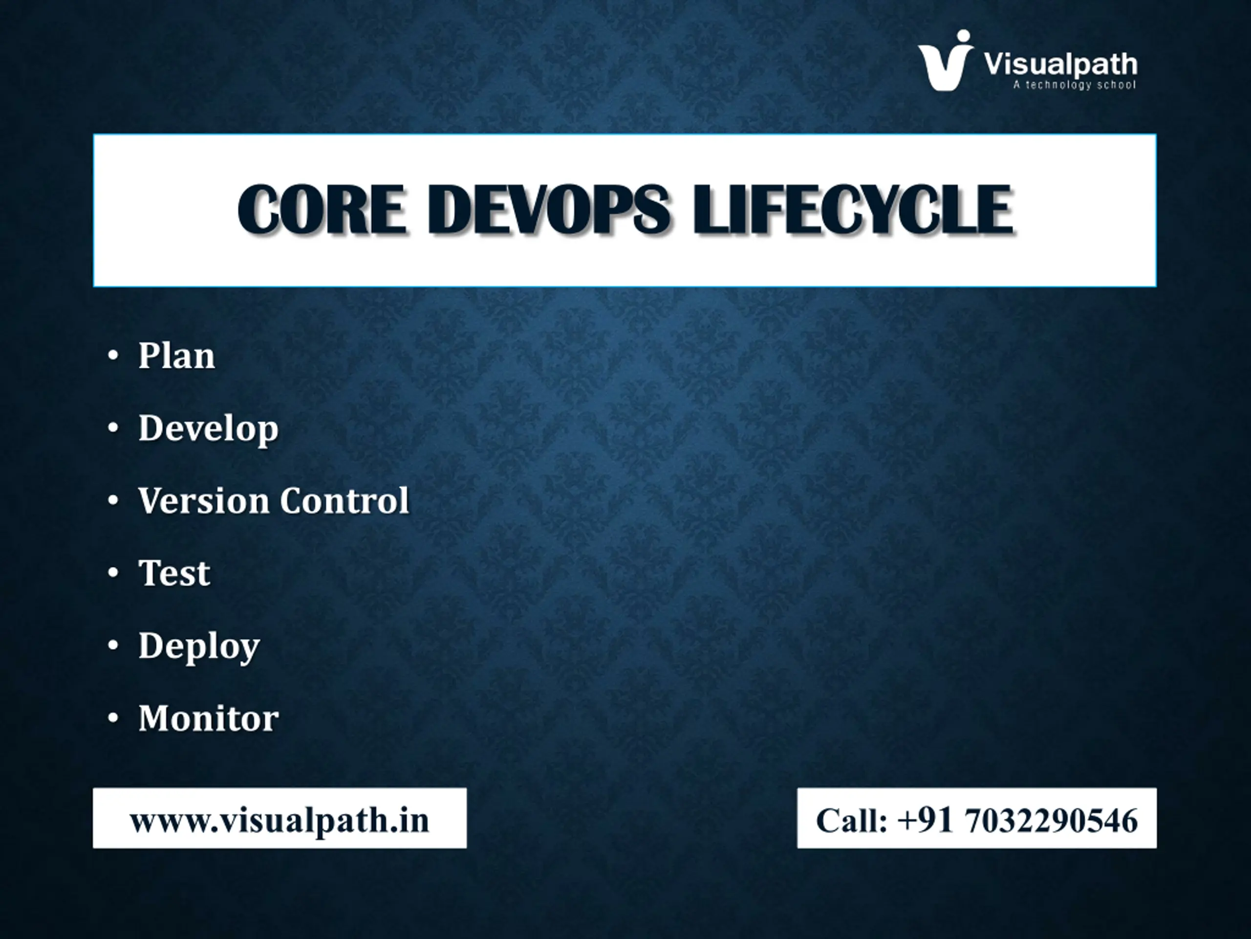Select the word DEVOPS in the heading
pos(549,209)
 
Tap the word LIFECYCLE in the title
pos(853,209)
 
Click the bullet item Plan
pos(176,357)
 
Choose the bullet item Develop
pos(209,428)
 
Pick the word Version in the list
pos(204,501)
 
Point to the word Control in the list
pos(345,501)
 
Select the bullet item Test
pos(174,573)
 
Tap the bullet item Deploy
pos(199,647)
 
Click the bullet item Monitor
pos(209,718)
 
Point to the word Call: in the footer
pos(852,821)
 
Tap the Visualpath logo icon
pos(946,61)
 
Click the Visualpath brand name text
pos(1060,64)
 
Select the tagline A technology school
pos(1075,85)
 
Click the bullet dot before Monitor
pos(113,717)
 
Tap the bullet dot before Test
pos(113,573)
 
